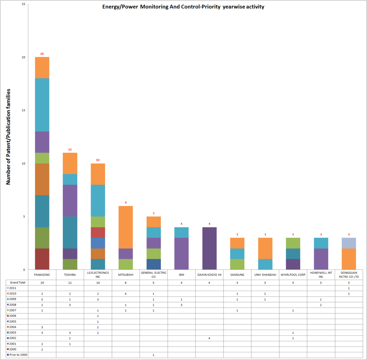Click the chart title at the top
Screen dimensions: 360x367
(x=183, y=7)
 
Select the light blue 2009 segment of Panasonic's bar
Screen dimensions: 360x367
(x=42, y=105)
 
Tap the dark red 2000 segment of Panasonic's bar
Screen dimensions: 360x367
(x=42, y=259)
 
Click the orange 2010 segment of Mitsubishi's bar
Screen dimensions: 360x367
(x=126, y=227)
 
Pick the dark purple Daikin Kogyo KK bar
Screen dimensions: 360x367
(x=210, y=248)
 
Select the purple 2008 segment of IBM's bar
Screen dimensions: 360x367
(x=182, y=253)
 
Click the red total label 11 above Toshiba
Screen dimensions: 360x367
(x=70, y=150)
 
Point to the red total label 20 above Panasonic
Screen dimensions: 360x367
(x=42, y=54)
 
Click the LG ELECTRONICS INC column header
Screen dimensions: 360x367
(x=98, y=275)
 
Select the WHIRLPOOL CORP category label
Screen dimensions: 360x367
(x=293, y=275)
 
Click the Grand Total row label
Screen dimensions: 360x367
(x=17, y=283)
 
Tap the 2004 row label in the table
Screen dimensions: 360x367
(x=13, y=327)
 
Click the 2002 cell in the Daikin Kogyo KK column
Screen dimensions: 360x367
(x=210, y=338)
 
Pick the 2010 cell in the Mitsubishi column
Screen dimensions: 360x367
(x=126, y=294)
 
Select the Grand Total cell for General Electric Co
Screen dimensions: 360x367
(x=154, y=283)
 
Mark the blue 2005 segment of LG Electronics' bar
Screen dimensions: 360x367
(x=98, y=243)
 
